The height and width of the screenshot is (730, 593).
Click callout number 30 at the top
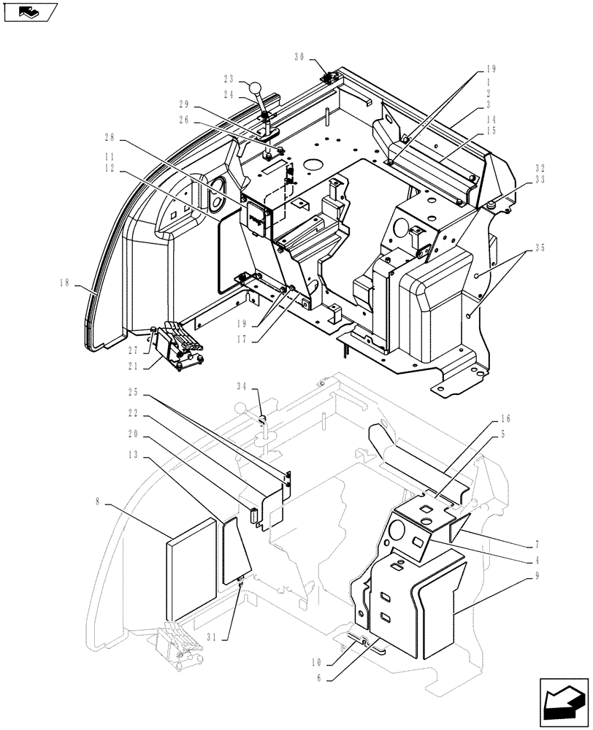coord(300,57)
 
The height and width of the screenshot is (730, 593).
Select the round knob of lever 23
coord(256,88)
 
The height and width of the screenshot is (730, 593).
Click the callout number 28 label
coord(110,137)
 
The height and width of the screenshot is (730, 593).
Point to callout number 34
coord(242,385)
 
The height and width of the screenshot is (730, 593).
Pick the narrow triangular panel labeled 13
coord(234,544)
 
